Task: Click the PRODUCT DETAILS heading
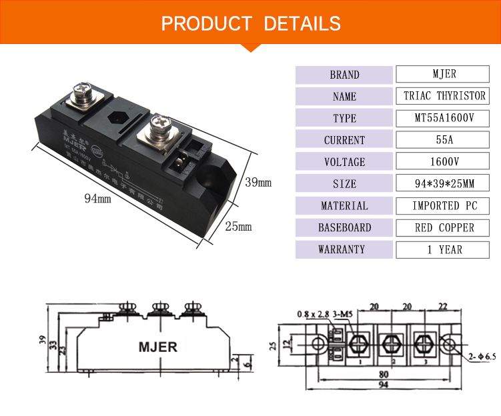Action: pos(251,24)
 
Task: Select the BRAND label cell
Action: pos(344,75)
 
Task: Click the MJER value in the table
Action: pos(440,74)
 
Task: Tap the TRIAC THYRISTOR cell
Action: pos(445,96)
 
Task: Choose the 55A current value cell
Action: pos(440,140)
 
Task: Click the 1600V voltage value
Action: pos(440,162)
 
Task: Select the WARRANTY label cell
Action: pos(344,250)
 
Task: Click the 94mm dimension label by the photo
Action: pos(97,198)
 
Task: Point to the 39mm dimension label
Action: pos(258,182)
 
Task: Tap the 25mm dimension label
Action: pos(238,227)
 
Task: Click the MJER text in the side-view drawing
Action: pos(156,347)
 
